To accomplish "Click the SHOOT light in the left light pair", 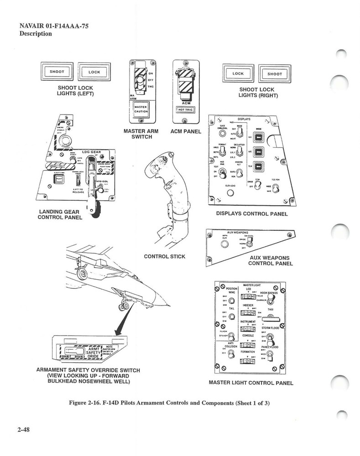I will point(57,72).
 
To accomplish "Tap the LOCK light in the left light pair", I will point(94,72).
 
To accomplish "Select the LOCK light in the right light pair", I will point(238,73).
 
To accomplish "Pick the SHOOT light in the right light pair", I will point(275,73).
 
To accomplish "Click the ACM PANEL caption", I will point(183,131).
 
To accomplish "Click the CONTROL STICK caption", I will point(164,256).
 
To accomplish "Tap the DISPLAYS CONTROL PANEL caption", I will point(251,214).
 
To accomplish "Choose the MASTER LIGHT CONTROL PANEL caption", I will point(250,383).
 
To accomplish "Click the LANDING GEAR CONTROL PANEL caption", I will point(60,214).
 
